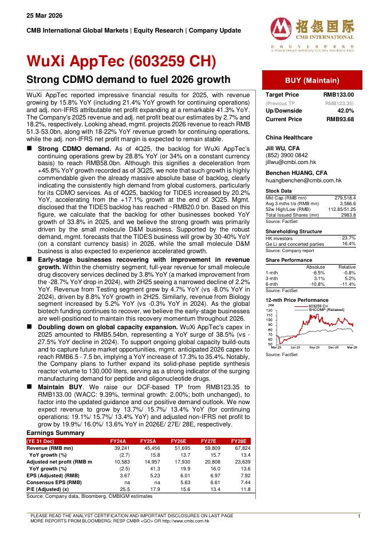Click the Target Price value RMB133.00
[x=338, y=94]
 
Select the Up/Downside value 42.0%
[x=345, y=110]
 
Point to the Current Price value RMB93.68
[x=340, y=119]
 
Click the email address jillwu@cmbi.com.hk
[x=290, y=162]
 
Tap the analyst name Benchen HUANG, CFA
[x=295, y=173]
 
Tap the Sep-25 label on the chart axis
[x=314, y=347]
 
